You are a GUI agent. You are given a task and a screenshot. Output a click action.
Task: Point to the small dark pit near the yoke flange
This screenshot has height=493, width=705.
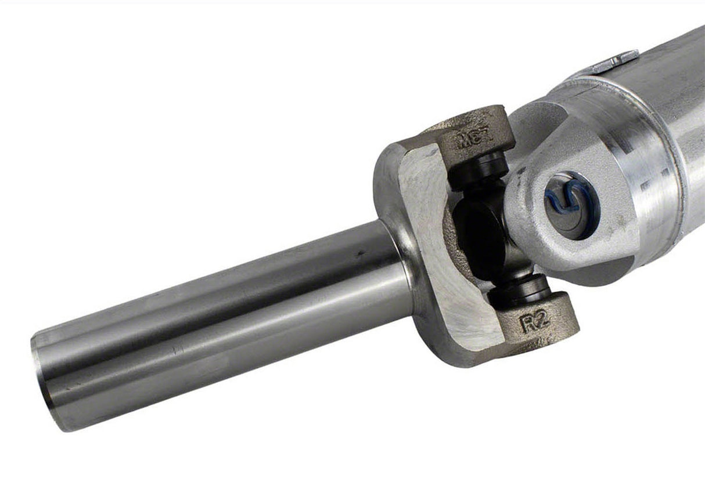(x=361, y=253)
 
